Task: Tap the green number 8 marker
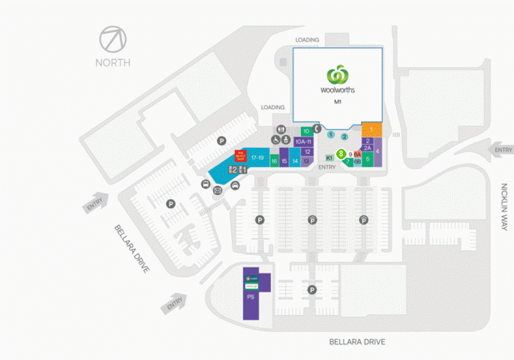tap(341, 154)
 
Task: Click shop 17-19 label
tap(258, 158)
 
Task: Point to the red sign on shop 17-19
tap(240, 156)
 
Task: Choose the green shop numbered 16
tap(274, 161)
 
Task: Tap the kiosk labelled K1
tap(330, 158)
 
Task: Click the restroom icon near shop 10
tap(281, 130)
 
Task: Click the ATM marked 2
tap(233, 170)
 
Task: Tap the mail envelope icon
tap(218, 190)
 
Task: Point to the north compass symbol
tap(113, 40)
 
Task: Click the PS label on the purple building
tap(250, 296)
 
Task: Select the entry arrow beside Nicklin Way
tap(502, 150)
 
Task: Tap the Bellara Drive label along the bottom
tap(357, 342)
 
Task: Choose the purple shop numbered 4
tap(377, 152)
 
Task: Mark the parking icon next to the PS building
tap(312, 290)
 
